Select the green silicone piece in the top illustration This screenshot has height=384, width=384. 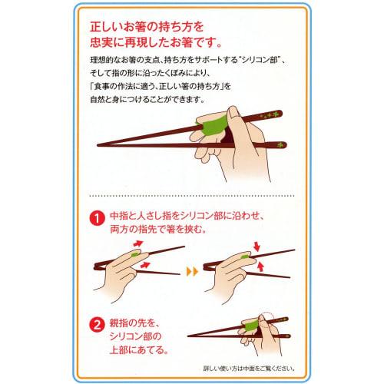[211, 124]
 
